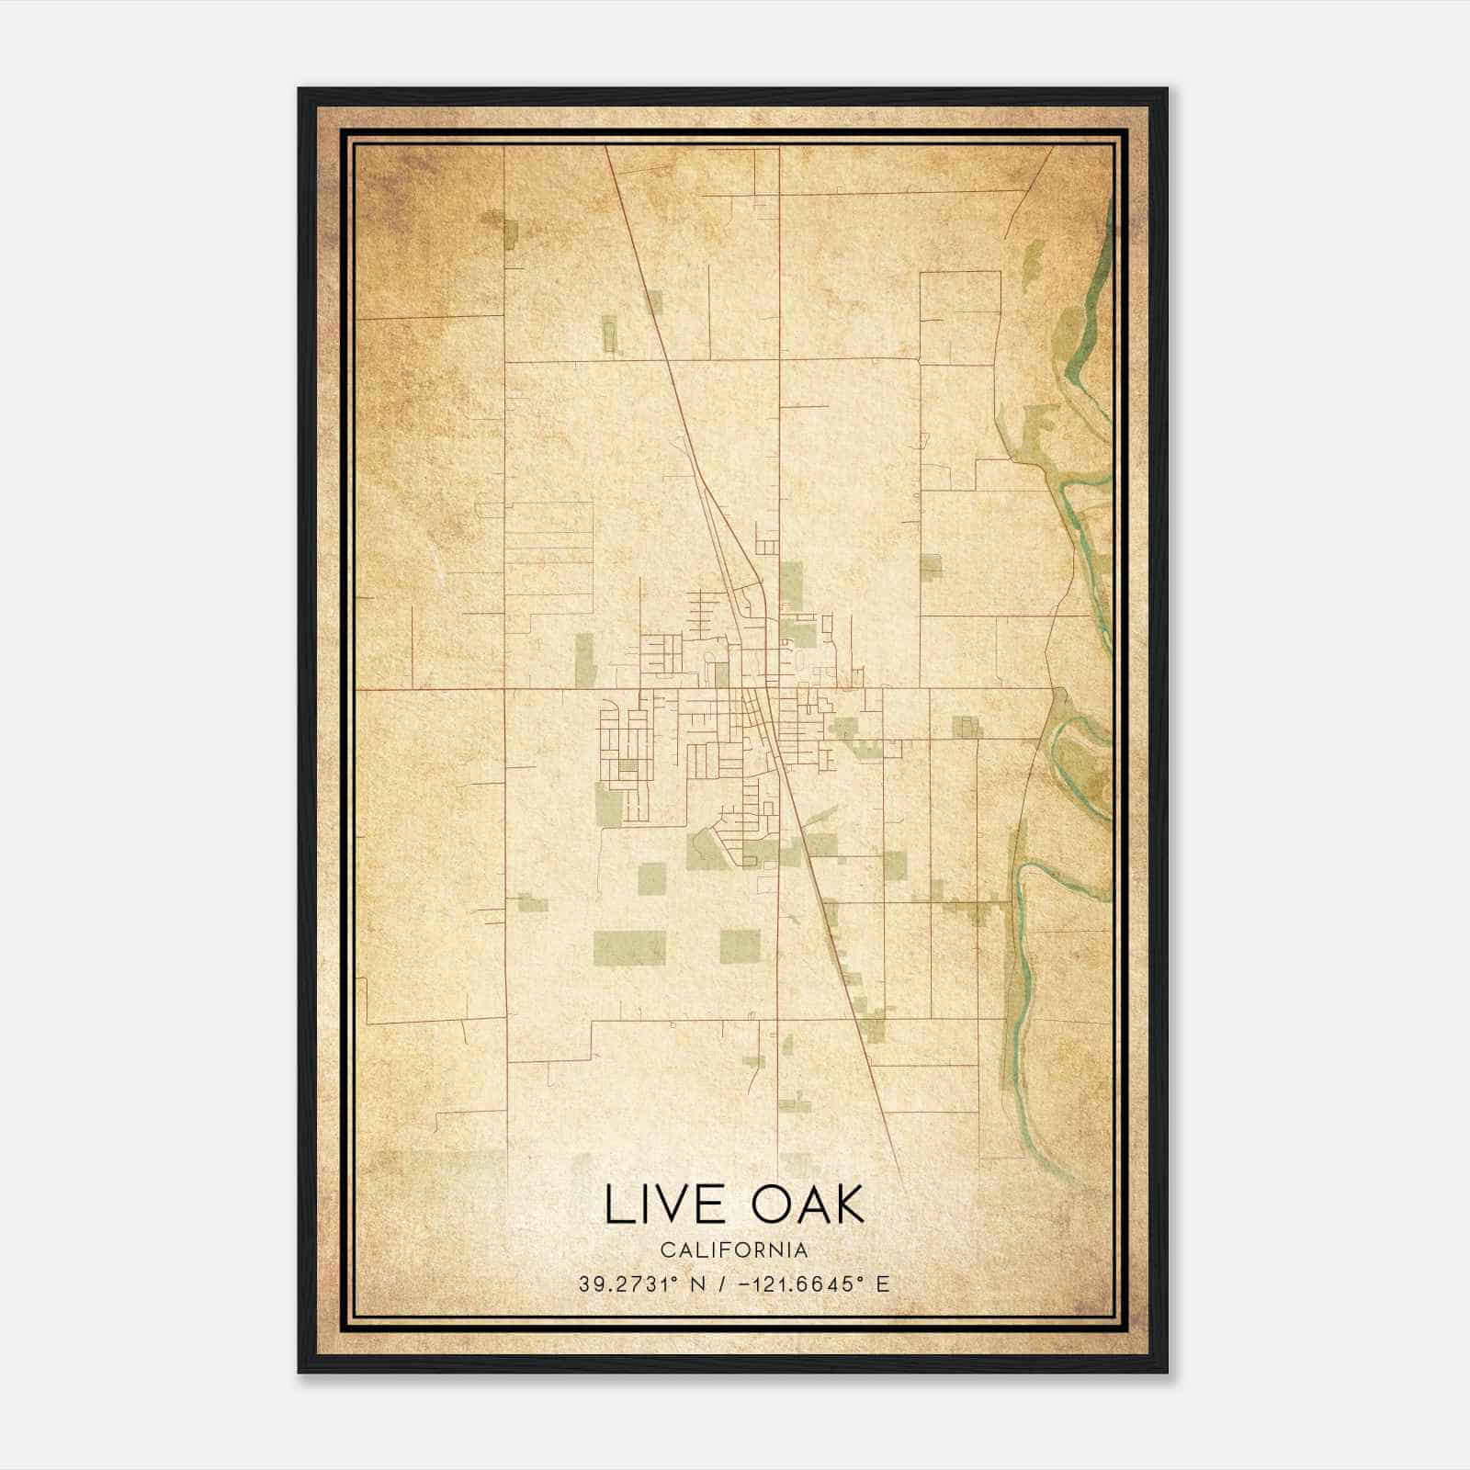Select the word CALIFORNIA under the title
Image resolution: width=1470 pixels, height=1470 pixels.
point(734,1249)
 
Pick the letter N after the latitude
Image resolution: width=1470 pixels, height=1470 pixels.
point(698,1283)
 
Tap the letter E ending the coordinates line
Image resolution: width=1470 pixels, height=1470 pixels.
point(883,1283)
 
